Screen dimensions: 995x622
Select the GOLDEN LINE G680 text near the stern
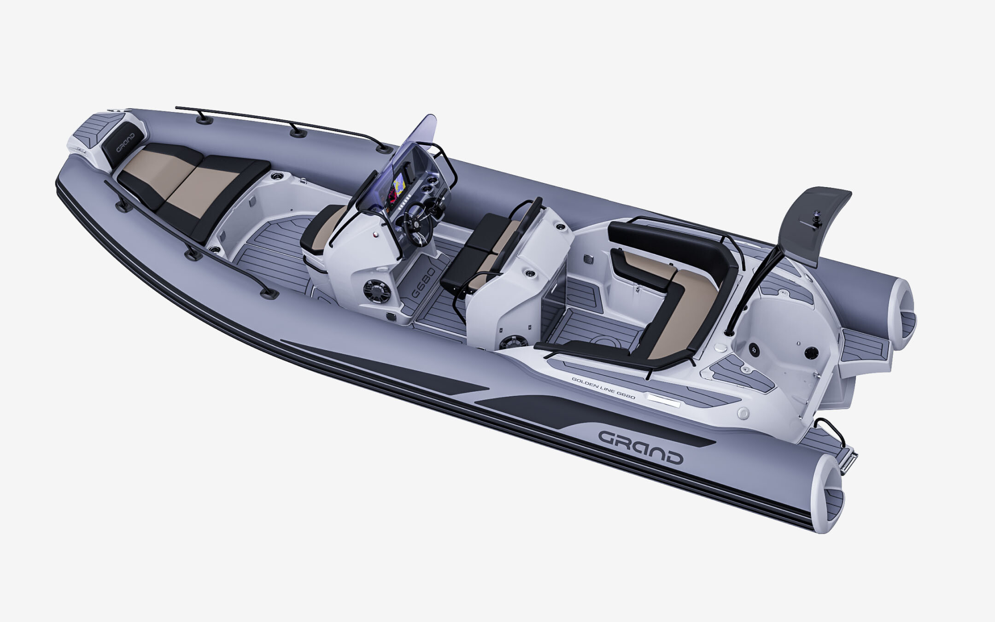click(603, 387)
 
